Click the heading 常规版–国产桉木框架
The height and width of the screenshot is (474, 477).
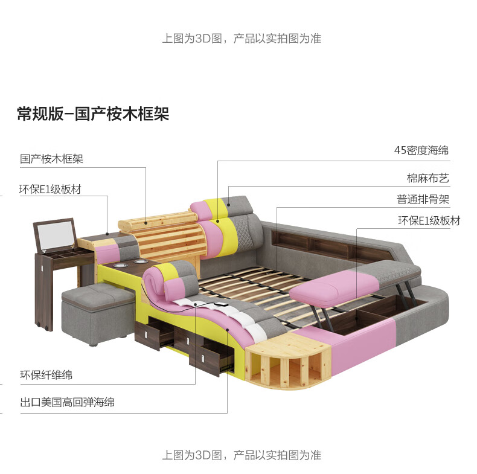[x=93, y=114]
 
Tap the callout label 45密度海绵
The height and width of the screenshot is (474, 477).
[x=421, y=150]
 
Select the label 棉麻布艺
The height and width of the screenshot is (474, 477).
[x=427, y=179]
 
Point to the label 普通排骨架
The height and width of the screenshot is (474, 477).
[x=423, y=199]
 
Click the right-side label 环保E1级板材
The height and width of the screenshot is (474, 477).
[x=429, y=220]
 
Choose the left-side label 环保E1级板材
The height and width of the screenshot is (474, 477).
[x=51, y=189]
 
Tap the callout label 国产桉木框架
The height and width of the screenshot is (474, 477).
[x=52, y=159]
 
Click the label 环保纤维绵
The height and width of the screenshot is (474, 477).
[x=46, y=375]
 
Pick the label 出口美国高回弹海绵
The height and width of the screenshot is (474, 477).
[x=68, y=402]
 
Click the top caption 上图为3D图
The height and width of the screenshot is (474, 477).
[x=241, y=39]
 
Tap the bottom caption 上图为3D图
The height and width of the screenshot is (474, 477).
[x=241, y=455]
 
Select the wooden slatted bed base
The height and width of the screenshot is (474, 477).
[x=260, y=290]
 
